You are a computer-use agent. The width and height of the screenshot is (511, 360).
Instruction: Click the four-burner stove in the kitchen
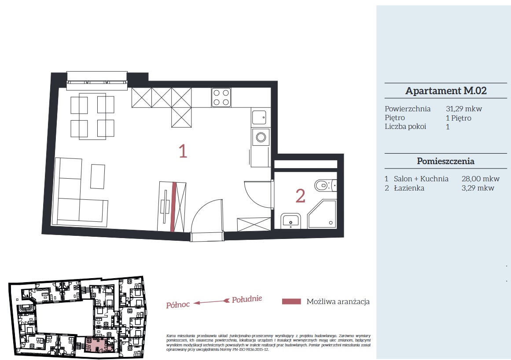tap(221, 97)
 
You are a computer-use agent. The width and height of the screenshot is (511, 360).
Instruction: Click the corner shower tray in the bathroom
tap(322, 214)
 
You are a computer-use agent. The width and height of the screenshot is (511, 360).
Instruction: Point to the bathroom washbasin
tap(290, 221)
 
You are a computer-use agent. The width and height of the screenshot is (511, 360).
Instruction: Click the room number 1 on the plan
tap(183, 151)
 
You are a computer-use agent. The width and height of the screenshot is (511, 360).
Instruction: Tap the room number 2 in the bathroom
tap(300, 196)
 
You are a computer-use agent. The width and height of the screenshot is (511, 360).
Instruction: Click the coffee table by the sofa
tap(98, 176)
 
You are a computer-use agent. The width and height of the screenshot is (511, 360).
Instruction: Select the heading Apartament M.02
tap(446, 91)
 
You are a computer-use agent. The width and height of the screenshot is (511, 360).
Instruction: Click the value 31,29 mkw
tap(464, 109)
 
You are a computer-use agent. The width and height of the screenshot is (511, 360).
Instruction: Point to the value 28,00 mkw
tap(480, 179)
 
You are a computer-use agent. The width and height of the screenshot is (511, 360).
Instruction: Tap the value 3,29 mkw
tap(478, 188)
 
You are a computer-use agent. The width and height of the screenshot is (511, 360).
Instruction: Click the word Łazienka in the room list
tap(409, 188)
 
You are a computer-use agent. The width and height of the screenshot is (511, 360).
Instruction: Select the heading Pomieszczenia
tap(445, 161)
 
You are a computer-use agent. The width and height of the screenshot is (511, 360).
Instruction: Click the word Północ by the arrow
tap(178, 305)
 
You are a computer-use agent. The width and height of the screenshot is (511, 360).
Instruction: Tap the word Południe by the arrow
tap(247, 299)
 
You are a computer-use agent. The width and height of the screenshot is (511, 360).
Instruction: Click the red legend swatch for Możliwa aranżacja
tap(291, 301)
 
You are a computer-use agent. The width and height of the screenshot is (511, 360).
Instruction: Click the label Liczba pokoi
tap(405, 126)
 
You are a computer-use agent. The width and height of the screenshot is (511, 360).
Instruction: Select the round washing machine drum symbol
tap(261, 137)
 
